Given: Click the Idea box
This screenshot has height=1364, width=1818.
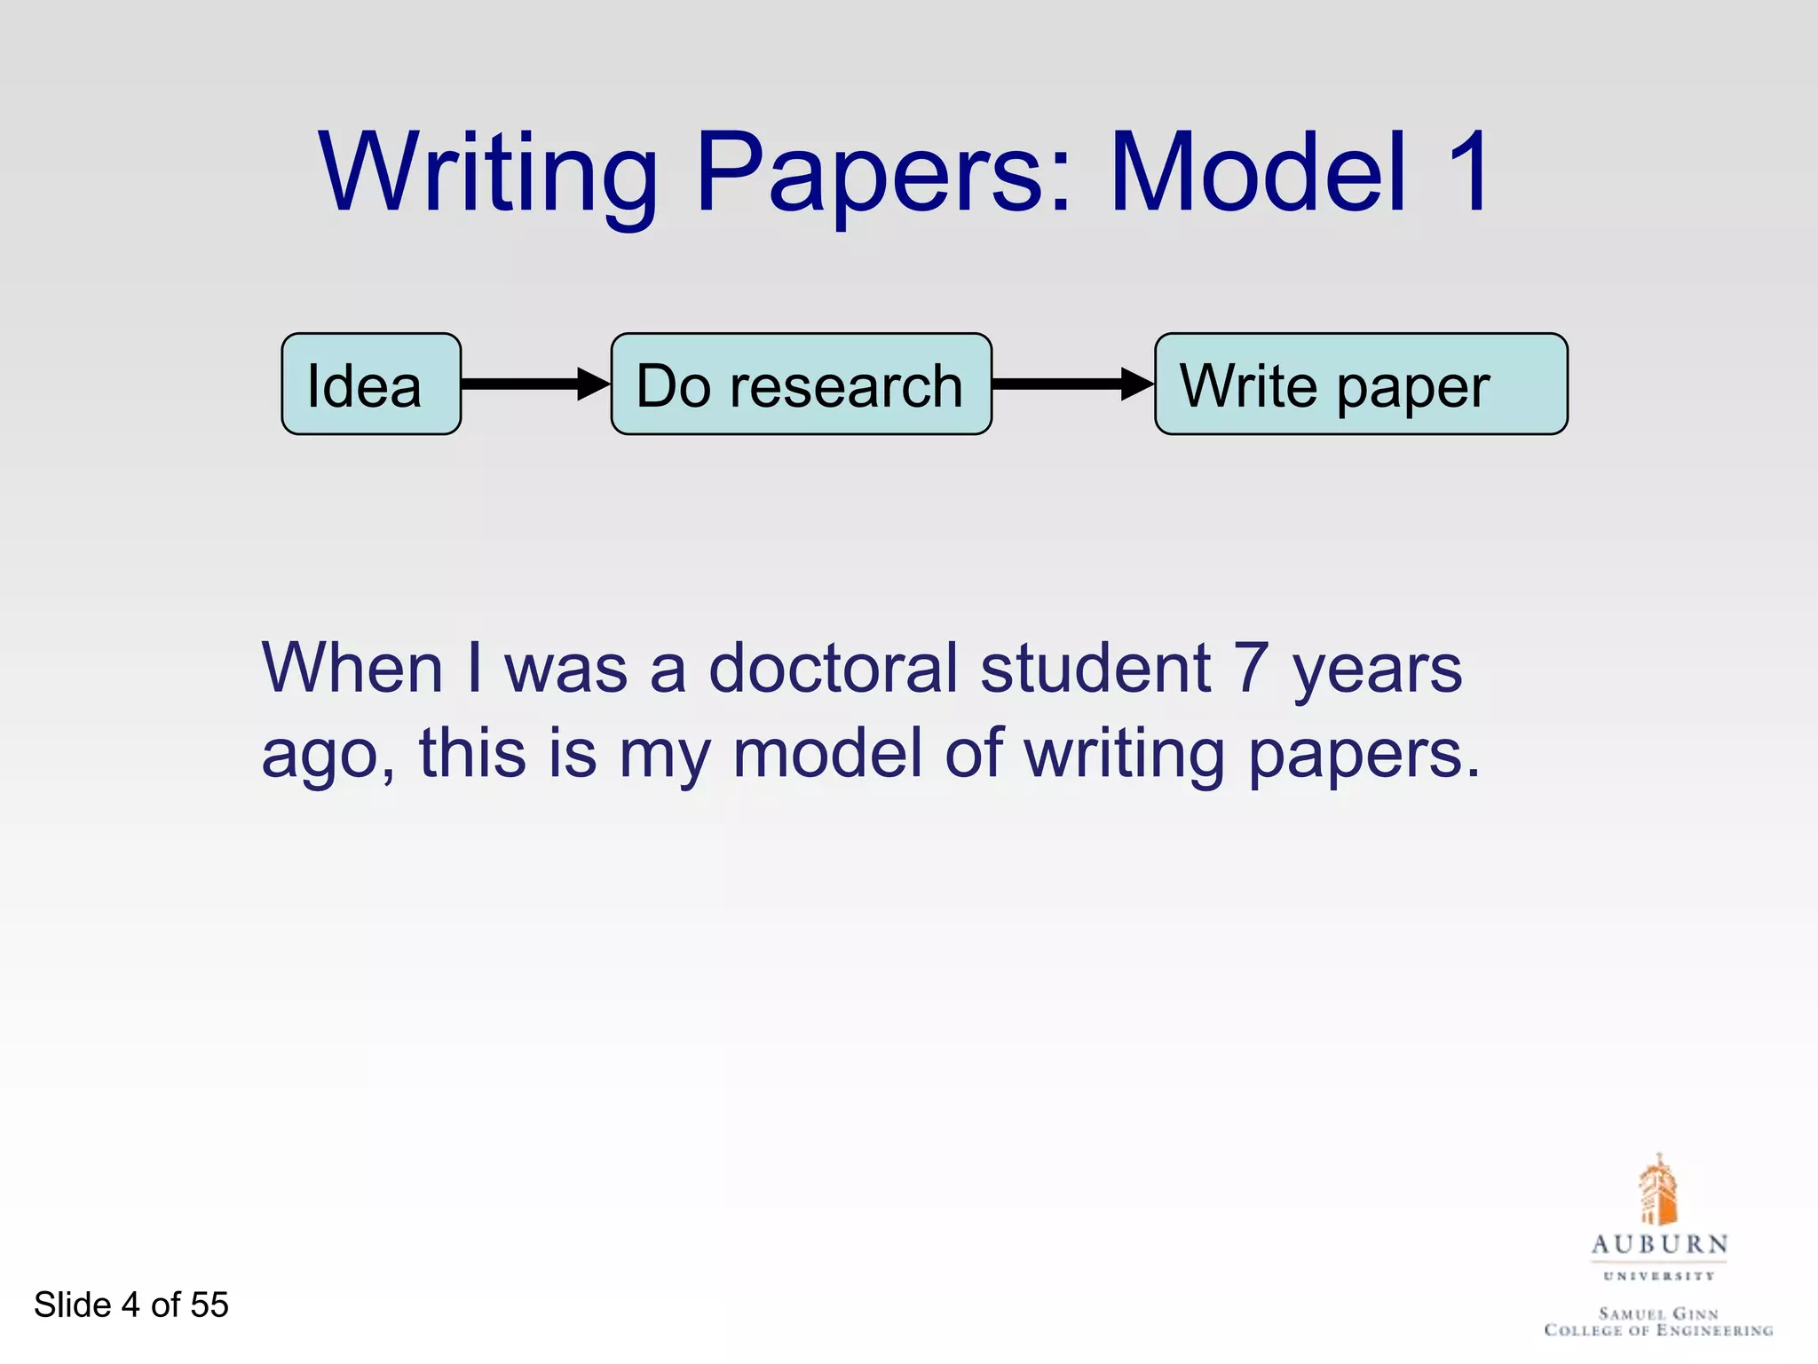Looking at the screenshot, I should tap(371, 385).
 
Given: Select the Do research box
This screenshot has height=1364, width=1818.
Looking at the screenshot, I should tap(801, 385).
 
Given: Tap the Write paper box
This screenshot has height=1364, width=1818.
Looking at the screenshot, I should tap(1360, 385).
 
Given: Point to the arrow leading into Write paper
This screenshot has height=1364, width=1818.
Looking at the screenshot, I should tap(1072, 384).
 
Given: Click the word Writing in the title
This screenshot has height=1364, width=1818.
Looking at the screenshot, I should tap(489, 173).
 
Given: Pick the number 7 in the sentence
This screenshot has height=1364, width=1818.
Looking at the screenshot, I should tap(1251, 668).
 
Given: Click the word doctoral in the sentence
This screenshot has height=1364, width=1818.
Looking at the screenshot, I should tap(834, 668).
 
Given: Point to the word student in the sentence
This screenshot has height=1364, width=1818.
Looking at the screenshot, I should tap(1095, 668).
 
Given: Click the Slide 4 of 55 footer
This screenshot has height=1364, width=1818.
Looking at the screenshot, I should tap(131, 1305).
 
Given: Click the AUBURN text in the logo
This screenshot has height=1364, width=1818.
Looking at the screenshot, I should tap(1659, 1244).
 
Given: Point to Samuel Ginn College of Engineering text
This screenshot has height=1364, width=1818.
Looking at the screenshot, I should tap(1658, 1321).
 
